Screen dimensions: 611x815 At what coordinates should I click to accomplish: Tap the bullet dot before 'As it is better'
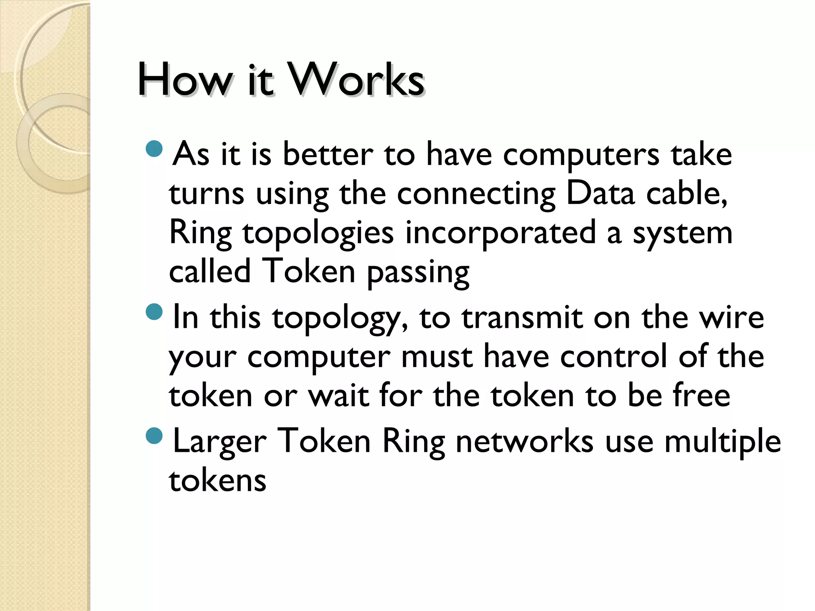(x=154, y=149)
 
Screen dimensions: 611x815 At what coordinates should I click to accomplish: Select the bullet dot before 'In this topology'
(x=154, y=312)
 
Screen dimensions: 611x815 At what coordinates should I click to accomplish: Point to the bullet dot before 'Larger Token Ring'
(x=154, y=436)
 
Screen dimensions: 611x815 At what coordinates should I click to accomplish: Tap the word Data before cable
(x=600, y=194)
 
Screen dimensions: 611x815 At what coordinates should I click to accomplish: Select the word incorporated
(x=500, y=234)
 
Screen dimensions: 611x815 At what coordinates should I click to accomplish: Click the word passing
(x=418, y=273)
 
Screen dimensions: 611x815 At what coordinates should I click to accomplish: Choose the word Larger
(x=220, y=442)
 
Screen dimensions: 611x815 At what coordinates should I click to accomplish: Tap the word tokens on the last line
(x=217, y=481)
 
